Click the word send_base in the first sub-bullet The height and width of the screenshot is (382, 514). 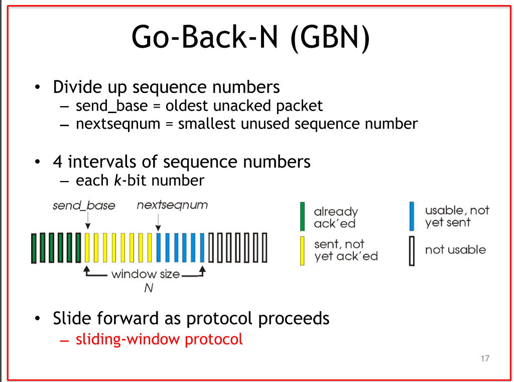(111, 106)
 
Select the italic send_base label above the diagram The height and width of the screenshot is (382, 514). (84, 206)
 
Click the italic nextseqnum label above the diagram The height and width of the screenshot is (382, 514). (172, 205)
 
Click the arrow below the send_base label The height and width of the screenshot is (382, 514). (88, 221)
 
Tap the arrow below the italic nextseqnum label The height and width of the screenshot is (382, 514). (158, 222)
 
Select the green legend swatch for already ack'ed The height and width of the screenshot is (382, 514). (303, 217)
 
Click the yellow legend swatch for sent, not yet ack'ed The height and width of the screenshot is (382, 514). (303, 250)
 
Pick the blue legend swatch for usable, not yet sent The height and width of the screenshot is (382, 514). (412, 217)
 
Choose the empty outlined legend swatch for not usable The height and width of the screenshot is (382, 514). (412, 250)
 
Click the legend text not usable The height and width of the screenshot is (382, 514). (455, 250)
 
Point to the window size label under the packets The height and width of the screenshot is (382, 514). (145, 274)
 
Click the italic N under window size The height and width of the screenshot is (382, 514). (148, 288)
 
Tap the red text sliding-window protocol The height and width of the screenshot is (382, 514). (159, 339)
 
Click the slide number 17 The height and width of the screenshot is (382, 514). (484, 358)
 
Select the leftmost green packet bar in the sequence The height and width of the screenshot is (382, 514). (33, 248)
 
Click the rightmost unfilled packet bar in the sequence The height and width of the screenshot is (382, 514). (264, 248)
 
